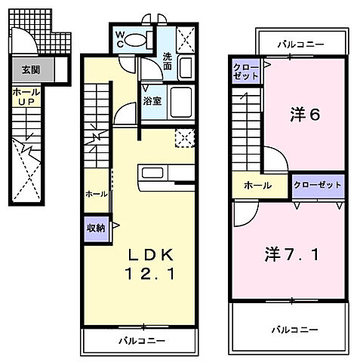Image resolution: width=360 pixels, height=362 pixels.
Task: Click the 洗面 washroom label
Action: tap(168, 60)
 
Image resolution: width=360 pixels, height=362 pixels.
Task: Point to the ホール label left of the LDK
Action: tap(96, 194)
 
